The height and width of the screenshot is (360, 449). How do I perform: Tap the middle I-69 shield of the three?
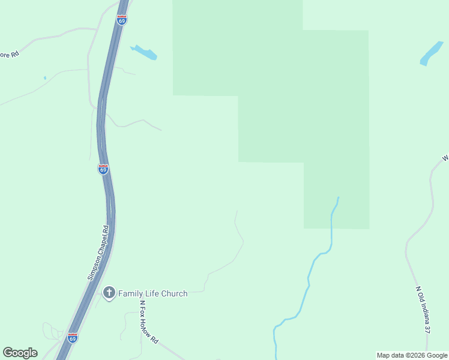click(x=103, y=169)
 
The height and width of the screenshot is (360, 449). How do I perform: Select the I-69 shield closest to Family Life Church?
click(x=73, y=338)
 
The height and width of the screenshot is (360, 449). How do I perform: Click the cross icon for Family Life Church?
click(x=109, y=293)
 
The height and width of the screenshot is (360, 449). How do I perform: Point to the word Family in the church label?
click(x=131, y=293)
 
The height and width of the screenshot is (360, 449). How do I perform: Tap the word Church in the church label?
click(x=173, y=293)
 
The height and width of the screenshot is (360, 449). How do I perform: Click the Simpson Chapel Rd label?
click(x=97, y=253)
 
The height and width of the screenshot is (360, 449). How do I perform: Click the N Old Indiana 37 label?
click(x=423, y=310)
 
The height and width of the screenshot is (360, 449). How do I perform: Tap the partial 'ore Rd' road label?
click(x=10, y=53)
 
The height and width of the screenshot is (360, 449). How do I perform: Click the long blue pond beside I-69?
click(x=143, y=52)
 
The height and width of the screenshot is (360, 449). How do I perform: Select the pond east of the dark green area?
click(x=432, y=53)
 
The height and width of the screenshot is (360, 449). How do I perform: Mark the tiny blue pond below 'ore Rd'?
click(x=44, y=78)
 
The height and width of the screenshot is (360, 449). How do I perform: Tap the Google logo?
click(x=20, y=353)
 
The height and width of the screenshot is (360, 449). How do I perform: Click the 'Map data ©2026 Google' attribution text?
click(x=412, y=355)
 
